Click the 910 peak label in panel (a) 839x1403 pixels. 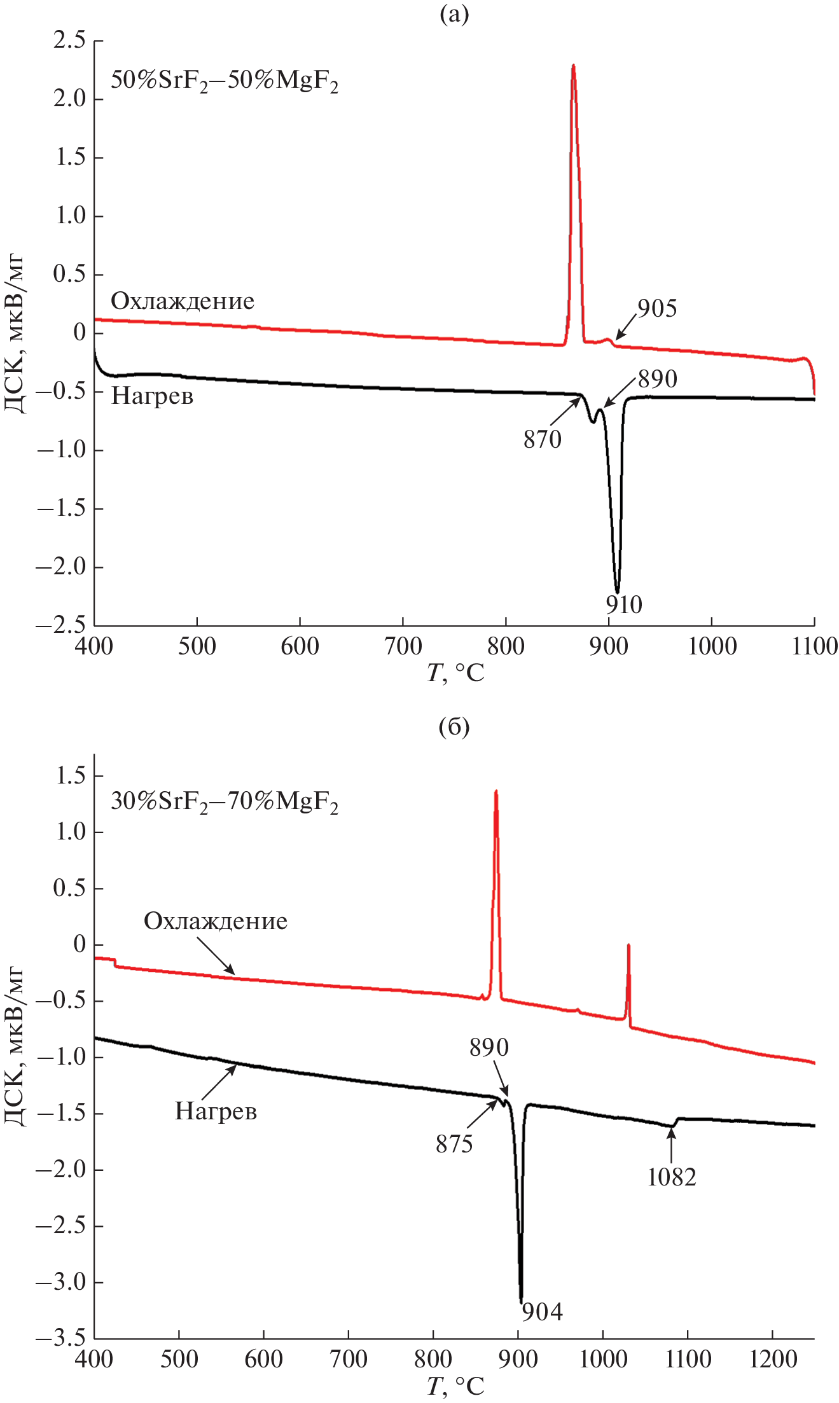pyautogui.click(x=623, y=605)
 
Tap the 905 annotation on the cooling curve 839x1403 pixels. pyautogui.click(x=657, y=308)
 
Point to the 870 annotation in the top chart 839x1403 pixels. pyautogui.click(x=543, y=439)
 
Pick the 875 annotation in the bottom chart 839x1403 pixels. pyautogui.click(x=454, y=1145)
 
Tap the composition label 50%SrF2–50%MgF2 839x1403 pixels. pyautogui.click(x=225, y=82)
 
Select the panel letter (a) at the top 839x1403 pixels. pyautogui.click(x=454, y=14)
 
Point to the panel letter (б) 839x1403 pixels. pyautogui.click(x=454, y=727)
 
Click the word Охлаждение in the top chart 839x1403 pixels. pyautogui.click(x=183, y=301)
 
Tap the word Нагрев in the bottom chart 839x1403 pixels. pyautogui.click(x=216, y=1112)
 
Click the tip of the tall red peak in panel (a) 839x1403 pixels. pyautogui.click(x=573, y=65)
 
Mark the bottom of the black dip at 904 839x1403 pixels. pyautogui.click(x=521, y=1301)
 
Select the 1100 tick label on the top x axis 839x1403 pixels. pyautogui.click(x=814, y=647)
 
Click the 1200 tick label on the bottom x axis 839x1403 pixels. pyautogui.click(x=772, y=1360)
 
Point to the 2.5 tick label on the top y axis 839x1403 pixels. pyautogui.click(x=69, y=41)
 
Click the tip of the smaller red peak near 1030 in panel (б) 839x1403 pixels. pyautogui.click(x=628, y=946)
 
